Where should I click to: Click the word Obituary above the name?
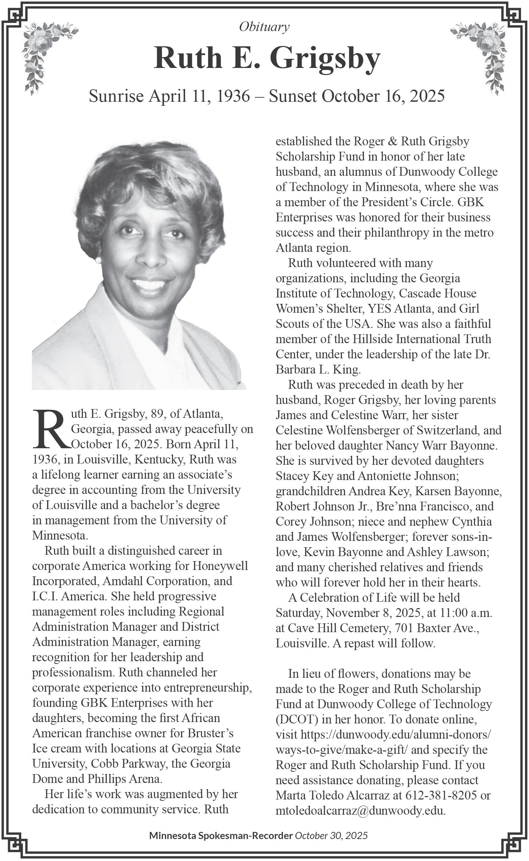point(264,27)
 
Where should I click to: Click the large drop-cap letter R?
point(51,429)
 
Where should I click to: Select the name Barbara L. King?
point(318,369)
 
